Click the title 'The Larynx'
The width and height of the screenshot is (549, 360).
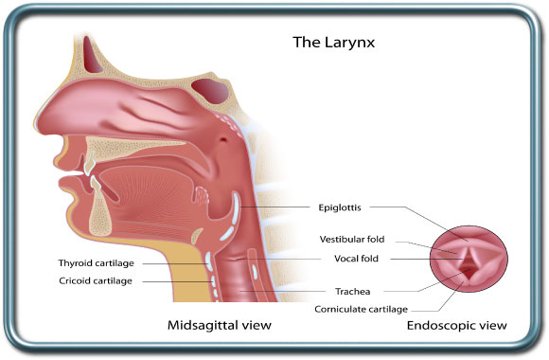pyautogui.click(x=328, y=42)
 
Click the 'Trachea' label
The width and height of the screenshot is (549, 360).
pyautogui.click(x=356, y=291)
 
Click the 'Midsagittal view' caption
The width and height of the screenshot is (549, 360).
pyautogui.click(x=220, y=325)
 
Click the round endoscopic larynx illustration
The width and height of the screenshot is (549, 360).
pyautogui.click(x=471, y=257)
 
